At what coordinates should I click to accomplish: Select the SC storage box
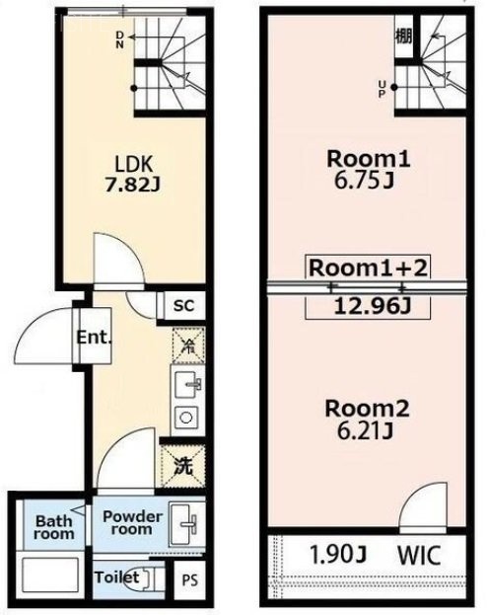[x=182, y=306]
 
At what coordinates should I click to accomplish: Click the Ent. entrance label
[x=95, y=338]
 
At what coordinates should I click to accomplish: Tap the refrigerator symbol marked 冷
[x=183, y=346]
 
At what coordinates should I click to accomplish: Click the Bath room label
[x=53, y=527]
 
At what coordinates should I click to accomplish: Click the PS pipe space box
[x=186, y=580]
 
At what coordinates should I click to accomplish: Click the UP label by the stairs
[x=381, y=88]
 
